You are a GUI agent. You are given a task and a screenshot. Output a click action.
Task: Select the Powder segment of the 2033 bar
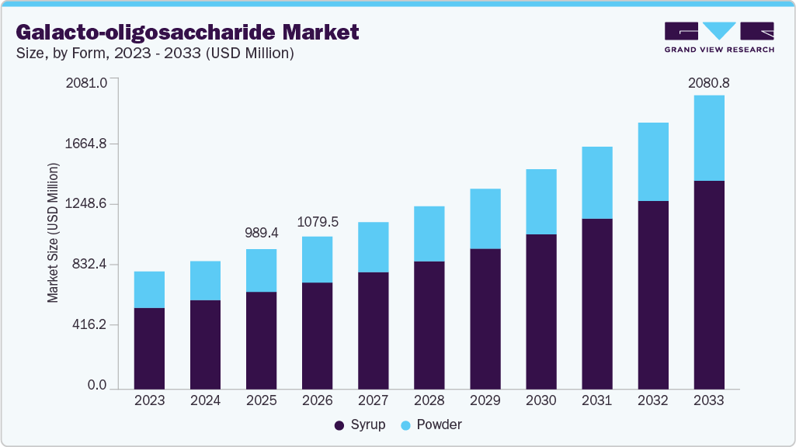[708, 138]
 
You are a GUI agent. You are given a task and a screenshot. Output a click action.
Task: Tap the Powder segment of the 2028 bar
[429, 234]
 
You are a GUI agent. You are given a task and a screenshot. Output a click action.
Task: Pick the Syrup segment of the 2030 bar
[541, 310]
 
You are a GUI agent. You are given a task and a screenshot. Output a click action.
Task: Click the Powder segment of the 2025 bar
[261, 270]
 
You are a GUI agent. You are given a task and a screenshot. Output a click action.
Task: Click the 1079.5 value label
[318, 222]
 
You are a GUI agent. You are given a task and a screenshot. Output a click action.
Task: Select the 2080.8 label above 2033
[709, 82]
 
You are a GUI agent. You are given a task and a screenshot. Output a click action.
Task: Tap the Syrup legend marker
[339, 425]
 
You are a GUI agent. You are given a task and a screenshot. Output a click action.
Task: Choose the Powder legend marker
[405, 425]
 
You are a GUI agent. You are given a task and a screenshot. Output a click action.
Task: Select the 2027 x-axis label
[374, 400]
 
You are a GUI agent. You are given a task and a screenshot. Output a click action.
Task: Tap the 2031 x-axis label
[597, 400]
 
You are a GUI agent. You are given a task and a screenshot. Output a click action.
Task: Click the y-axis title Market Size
[53, 233]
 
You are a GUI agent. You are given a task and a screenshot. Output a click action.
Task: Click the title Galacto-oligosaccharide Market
[187, 33]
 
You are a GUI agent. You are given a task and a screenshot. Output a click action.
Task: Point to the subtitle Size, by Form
[155, 54]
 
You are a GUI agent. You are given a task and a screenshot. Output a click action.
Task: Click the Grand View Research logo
[719, 36]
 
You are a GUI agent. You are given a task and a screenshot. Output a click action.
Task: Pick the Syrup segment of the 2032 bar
[652, 294]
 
